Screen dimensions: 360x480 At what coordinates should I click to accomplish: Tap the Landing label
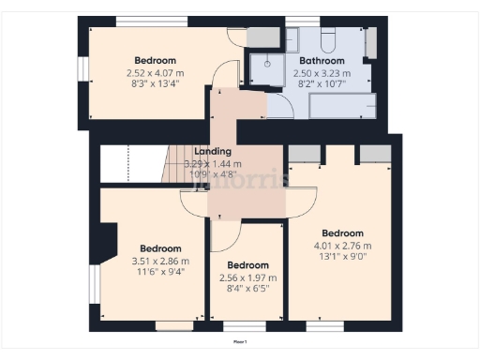pyautogui.click(x=213, y=151)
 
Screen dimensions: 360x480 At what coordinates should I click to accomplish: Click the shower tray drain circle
pyautogui.click(x=267, y=65)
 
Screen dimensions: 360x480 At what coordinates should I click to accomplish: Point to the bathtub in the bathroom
pyautogui.click(x=341, y=103)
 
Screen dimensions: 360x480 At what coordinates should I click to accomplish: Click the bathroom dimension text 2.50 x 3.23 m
pyautogui.click(x=321, y=72)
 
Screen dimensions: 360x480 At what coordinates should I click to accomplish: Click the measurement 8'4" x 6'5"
pyautogui.click(x=248, y=289)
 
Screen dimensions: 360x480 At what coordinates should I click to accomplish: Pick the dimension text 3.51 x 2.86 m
pyautogui.click(x=157, y=261)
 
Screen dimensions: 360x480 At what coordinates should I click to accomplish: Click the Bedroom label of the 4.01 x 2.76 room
pyautogui.click(x=342, y=232)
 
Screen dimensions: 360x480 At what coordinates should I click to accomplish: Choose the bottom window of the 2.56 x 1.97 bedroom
pyautogui.click(x=238, y=327)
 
